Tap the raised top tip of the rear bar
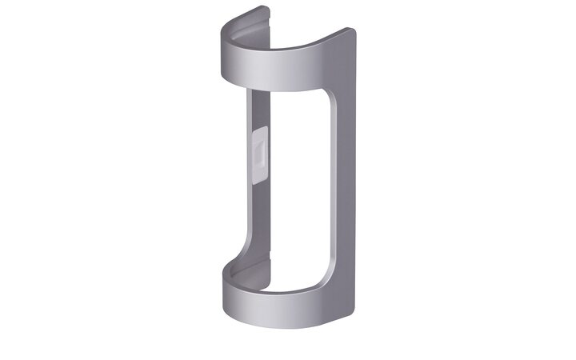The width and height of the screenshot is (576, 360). click(266, 10)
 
